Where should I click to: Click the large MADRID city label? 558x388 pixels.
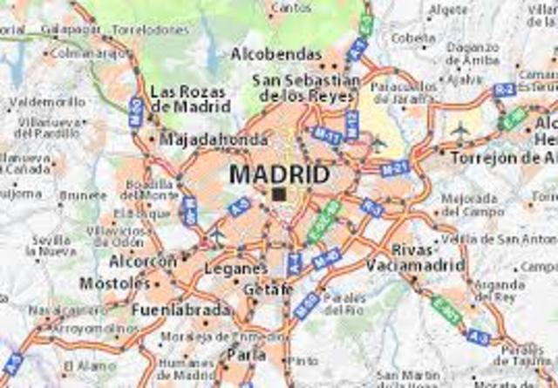coord(279,174)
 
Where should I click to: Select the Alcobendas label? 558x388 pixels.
coord(276,54)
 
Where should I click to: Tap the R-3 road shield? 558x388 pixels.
coord(372,208)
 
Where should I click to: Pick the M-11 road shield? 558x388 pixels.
coord(325,135)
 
